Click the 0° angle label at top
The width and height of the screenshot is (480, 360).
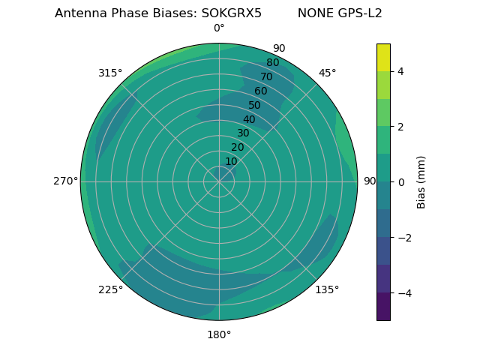click(219, 28)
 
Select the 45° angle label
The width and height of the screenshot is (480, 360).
click(327, 73)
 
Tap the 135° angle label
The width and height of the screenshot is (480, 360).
click(327, 289)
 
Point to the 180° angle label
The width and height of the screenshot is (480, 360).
click(219, 334)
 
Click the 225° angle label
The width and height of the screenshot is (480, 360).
click(110, 289)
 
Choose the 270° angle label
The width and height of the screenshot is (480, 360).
click(65, 181)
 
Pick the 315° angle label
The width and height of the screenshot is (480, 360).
click(110, 73)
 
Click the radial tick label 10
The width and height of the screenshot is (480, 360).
click(231, 161)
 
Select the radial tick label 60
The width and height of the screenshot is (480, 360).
click(260, 91)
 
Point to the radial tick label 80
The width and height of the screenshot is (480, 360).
click(272, 63)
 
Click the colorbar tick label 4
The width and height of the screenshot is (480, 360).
click(400, 71)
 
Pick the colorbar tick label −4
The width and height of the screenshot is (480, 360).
click(403, 292)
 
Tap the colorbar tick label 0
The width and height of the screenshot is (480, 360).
click(400, 181)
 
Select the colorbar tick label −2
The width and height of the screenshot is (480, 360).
click(403, 237)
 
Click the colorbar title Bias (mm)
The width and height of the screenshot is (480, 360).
click(421, 181)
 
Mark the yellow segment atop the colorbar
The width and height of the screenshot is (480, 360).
click(383, 57)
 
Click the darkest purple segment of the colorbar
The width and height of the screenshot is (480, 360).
click(383, 306)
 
